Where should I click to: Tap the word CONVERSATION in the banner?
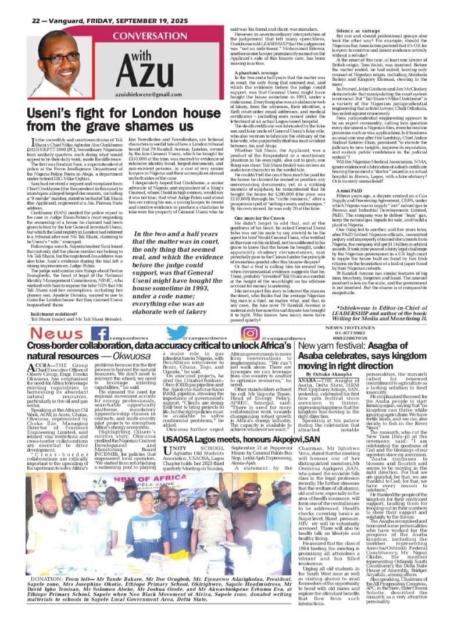click(x=134, y=34)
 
